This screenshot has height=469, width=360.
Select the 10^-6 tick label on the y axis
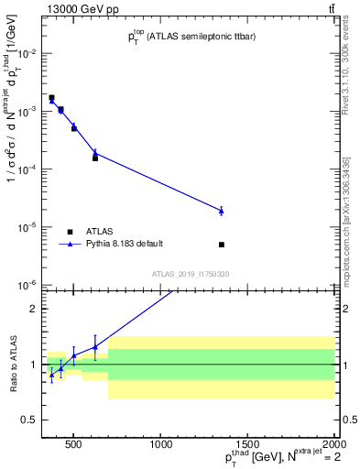click(x=27, y=285)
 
